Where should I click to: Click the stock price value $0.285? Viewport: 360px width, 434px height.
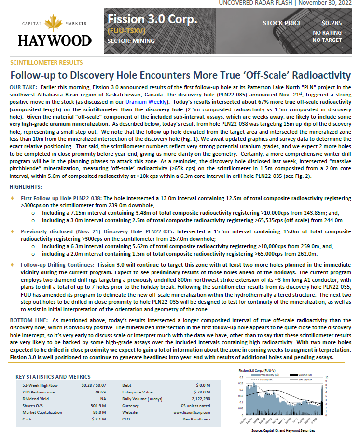point(331,23)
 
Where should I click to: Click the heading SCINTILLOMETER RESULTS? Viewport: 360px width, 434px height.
point(46,63)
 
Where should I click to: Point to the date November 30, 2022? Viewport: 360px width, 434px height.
point(328,3)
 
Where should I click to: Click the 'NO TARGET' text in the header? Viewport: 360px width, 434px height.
point(327,40)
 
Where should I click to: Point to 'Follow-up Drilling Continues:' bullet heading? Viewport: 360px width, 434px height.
point(57,265)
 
